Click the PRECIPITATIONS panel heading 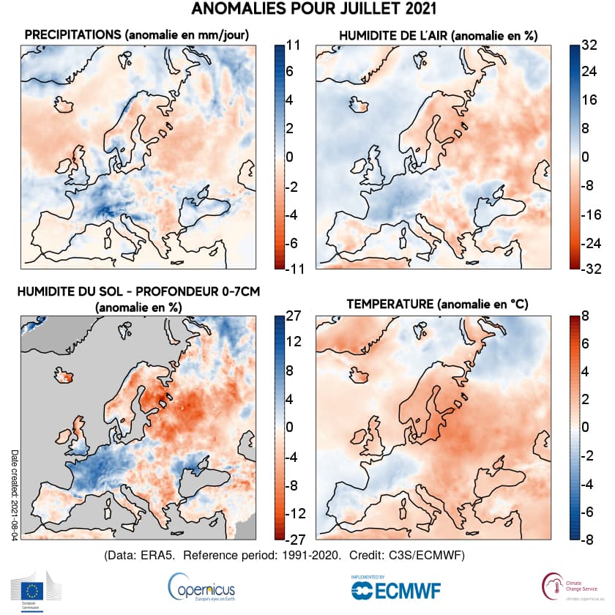(137, 34)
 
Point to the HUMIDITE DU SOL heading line (138, 291)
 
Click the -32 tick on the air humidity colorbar (587, 269)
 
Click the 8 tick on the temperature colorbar (587, 316)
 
